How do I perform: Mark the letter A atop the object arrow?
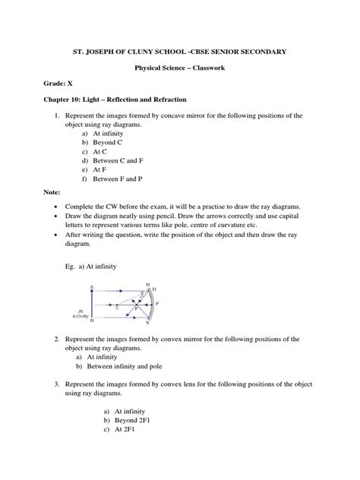[x=91, y=286]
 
